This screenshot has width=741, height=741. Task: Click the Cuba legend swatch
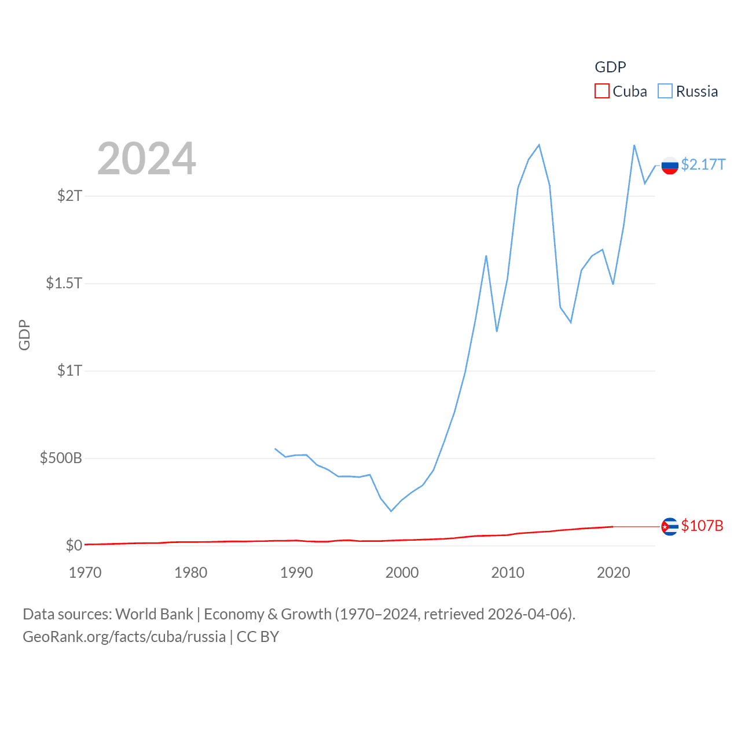pos(602,91)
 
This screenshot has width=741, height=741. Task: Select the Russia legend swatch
pos(665,91)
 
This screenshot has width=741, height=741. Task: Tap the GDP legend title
pos(610,67)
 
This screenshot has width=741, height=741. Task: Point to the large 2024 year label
pos(146,159)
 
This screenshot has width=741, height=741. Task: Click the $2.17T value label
pos(703,165)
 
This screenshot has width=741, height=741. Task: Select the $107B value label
pos(702,526)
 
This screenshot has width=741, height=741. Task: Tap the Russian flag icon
pos(670,166)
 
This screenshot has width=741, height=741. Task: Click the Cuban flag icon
pos(670,526)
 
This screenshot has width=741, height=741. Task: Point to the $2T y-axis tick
pos(70,196)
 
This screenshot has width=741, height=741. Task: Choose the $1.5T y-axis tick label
pos(64,283)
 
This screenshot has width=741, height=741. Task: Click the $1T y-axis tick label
pos(70,370)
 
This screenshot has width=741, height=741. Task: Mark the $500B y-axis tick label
pos(61,458)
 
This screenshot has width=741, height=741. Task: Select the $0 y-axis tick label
pos(74,545)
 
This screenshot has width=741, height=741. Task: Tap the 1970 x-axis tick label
pos(85,573)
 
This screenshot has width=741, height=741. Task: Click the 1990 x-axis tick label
pos(296,573)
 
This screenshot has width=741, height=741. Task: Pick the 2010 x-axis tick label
pos(508,573)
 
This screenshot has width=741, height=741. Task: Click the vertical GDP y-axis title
pos(24,335)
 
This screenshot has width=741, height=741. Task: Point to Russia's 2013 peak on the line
pos(539,145)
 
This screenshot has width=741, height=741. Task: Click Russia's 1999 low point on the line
pos(391,511)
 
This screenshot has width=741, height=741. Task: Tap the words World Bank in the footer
pos(154,614)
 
